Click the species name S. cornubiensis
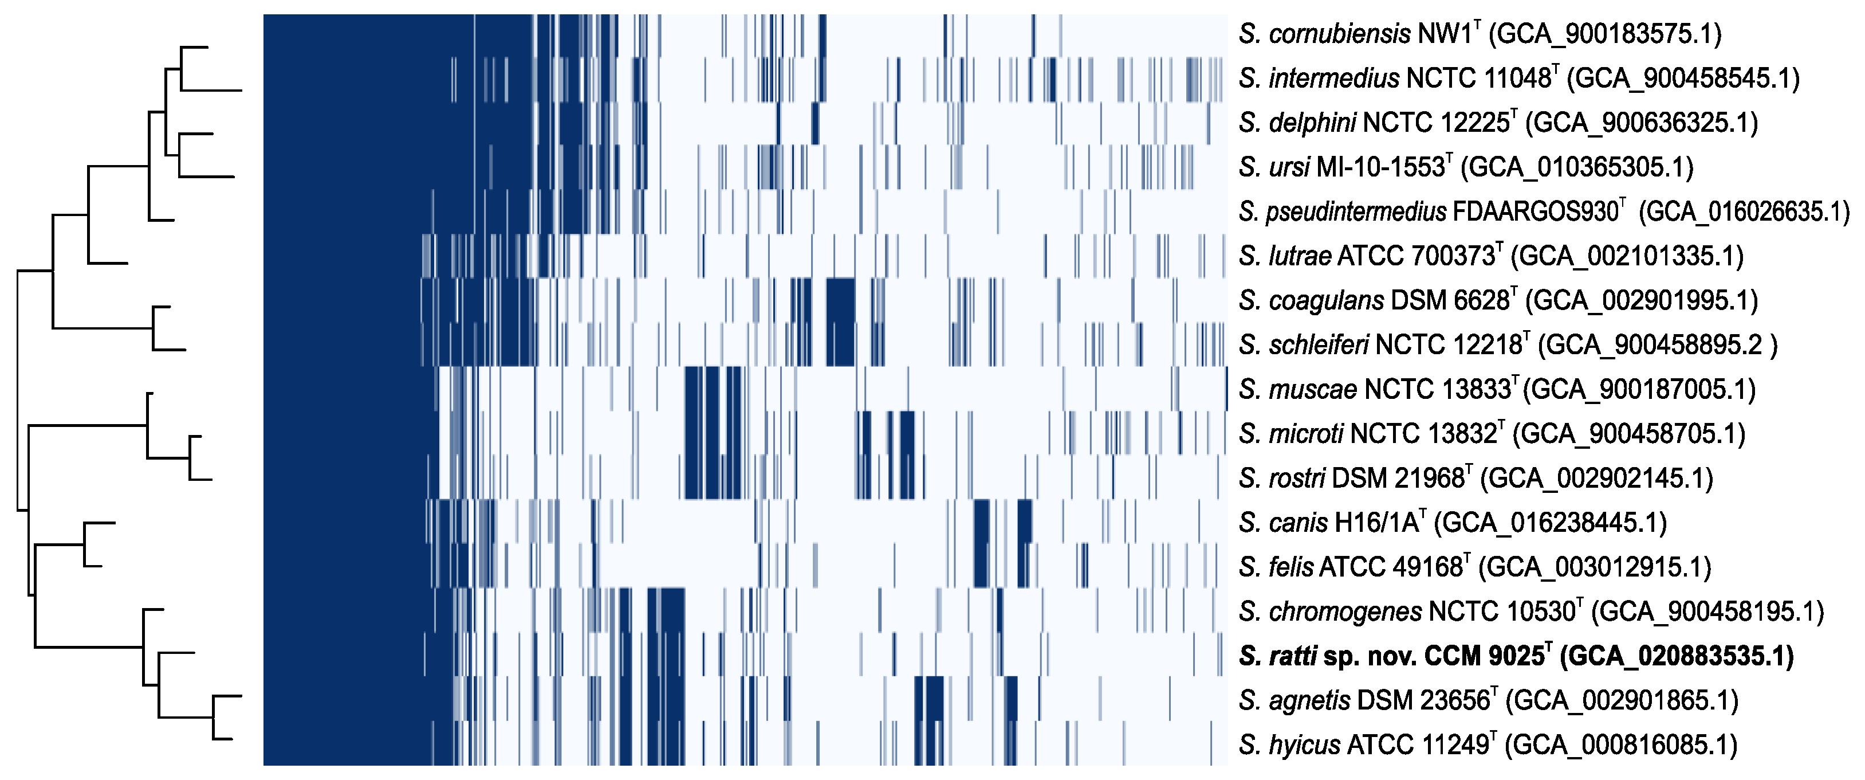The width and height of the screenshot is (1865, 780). (x=1324, y=34)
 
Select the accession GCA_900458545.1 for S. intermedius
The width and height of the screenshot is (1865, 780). (x=1683, y=78)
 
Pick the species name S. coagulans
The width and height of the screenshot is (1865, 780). (x=1311, y=300)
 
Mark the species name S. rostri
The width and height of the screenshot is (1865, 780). (x=1281, y=478)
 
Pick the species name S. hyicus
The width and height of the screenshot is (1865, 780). (x=1289, y=745)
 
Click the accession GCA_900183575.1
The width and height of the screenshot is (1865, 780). (x=1605, y=34)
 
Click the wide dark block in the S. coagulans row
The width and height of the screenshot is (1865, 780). (x=840, y=300)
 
